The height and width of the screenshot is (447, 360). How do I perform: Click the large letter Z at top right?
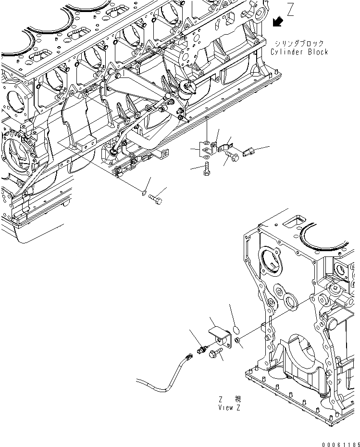290,10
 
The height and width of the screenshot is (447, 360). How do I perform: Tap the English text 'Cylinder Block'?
299,52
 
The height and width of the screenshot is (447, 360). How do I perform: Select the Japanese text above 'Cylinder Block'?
299,43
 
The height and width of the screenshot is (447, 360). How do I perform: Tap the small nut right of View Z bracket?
237,341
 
